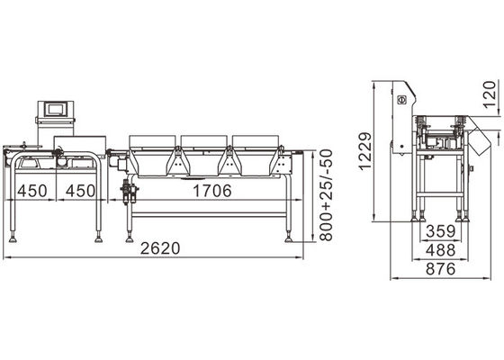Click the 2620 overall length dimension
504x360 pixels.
click(158, 249)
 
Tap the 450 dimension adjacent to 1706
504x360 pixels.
click(78, 191)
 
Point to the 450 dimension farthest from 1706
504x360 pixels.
click(31, 191)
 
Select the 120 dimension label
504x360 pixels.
click(490, 94)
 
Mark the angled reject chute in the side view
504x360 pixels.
click(478, 139)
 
